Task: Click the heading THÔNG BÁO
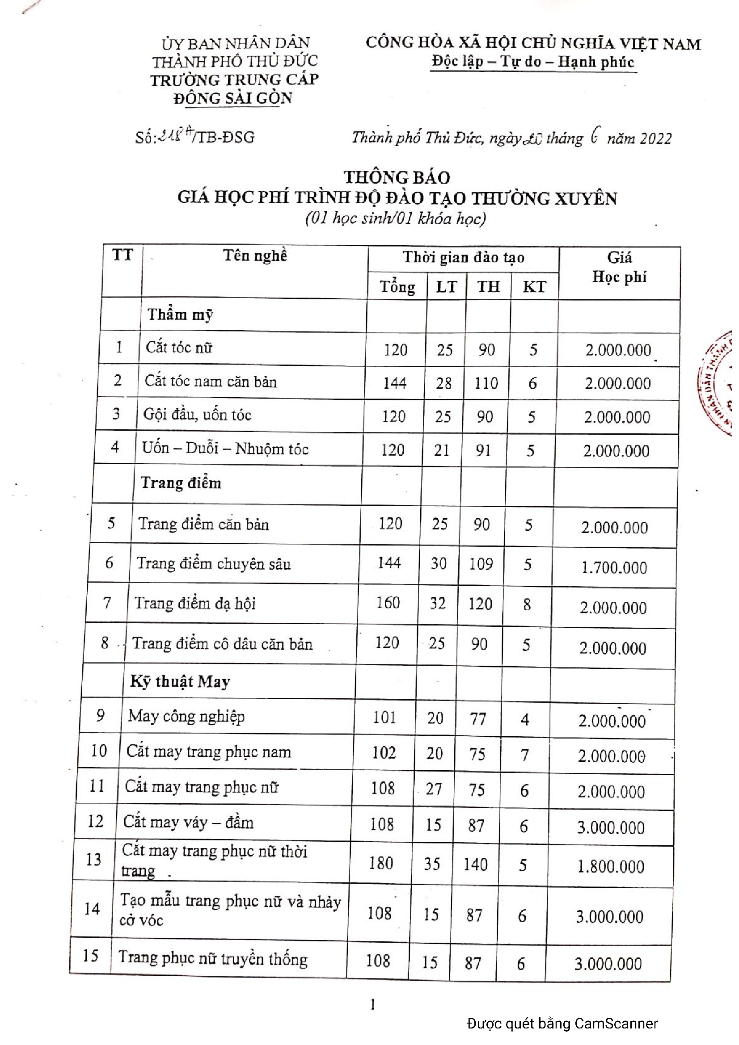tap(397, 177)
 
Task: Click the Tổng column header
tap(397, 287)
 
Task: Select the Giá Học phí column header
tap(619, 267)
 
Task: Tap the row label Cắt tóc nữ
tap(179, 348)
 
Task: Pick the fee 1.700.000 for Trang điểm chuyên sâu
tap(614, 567)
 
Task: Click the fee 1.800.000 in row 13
tap(611, 866)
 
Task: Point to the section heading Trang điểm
tap(181, 483)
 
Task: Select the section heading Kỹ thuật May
tap(180, 681)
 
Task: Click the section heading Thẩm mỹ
tap(180, 315)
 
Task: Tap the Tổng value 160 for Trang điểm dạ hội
tap(388, 603)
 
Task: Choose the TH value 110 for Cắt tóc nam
tap(486, 383)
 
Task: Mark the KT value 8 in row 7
tap(527, 604)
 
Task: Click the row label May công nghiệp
tap(186, 716)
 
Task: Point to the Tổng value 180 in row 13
tap(381, 863)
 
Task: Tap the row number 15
tap(91, 955)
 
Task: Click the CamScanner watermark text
tap(562, 1024)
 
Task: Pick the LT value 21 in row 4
tap(441, 450)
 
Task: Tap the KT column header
tap(534, 286)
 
